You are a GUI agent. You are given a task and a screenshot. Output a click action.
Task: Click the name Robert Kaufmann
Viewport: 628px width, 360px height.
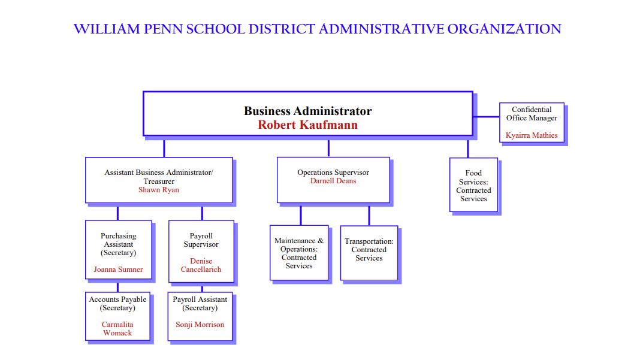[x=307, y=125]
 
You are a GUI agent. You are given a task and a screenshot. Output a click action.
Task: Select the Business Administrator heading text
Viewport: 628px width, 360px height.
[x=307, y=111]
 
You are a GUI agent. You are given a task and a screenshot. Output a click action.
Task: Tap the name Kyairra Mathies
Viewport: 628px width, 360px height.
[x=532, y=135]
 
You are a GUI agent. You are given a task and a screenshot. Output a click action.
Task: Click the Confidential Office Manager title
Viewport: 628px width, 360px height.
[x=532, y=114]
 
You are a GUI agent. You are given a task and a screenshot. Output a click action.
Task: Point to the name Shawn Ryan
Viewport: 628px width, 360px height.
[x=159, y=190]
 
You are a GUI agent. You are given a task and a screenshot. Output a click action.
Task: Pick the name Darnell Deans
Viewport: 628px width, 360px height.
[x=333, y=181]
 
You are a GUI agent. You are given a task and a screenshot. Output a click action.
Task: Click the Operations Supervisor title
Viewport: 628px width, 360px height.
[x=333, y=172]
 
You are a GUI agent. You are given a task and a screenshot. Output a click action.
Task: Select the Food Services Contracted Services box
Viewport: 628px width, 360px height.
[x=474, y=184]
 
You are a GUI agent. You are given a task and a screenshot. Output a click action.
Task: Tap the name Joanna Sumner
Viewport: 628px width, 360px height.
[x=118, y=270]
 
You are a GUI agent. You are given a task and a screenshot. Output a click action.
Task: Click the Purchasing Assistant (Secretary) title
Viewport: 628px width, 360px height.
[x=118, y=244]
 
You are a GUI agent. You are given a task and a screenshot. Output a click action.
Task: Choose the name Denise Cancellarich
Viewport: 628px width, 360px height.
[x=201, y=265]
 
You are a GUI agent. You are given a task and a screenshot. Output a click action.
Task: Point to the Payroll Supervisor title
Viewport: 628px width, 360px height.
[x=201, y=240]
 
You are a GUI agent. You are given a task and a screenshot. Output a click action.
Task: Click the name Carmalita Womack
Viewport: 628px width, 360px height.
[x=117, y=329]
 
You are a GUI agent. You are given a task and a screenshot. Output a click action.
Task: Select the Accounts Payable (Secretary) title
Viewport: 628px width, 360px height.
[x=117, y=304]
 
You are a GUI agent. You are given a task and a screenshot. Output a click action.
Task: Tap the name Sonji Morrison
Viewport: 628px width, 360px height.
[x=200, y=325]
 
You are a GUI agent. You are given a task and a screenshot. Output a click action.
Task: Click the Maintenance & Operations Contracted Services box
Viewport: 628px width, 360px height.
[x=299, y=253]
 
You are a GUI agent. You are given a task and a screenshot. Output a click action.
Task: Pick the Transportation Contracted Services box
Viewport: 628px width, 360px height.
[x=369, y=253]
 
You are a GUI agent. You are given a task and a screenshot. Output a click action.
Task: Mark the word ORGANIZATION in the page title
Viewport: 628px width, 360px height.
[x=504, y=29]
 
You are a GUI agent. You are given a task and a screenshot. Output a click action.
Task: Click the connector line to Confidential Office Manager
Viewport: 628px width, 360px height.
[x=486, y=117]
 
